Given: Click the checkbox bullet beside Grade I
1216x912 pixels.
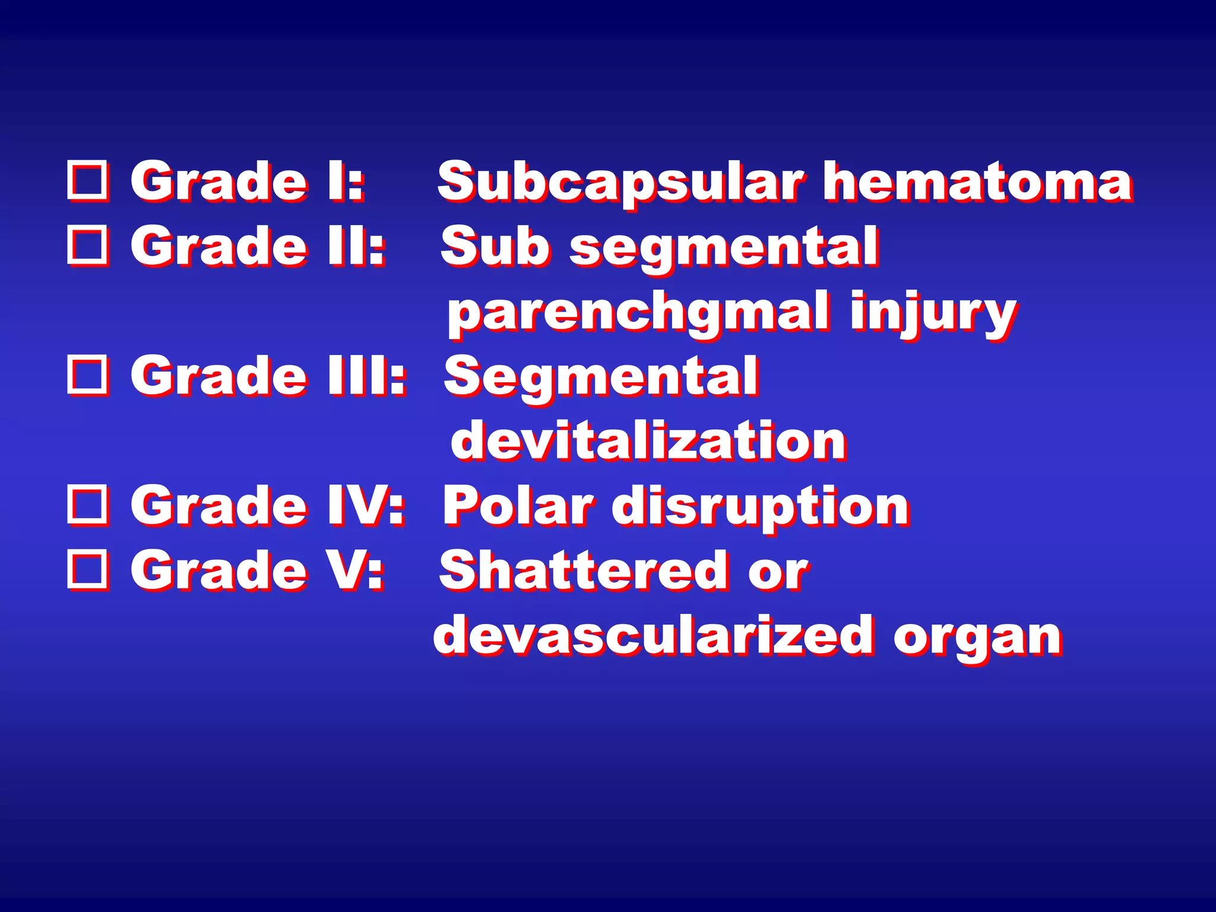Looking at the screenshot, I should pyautogui.click(x=88, y=180).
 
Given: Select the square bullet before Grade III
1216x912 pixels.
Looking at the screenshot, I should pyautogui.click(x=88, y=375).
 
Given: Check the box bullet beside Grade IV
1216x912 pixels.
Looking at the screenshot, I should pyautogui.click(x=88, y=505).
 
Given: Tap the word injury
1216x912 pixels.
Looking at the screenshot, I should pyautogui.click(x=933, y=313).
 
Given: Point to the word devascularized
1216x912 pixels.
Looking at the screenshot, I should pyautogui.click(x=653, y=635).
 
